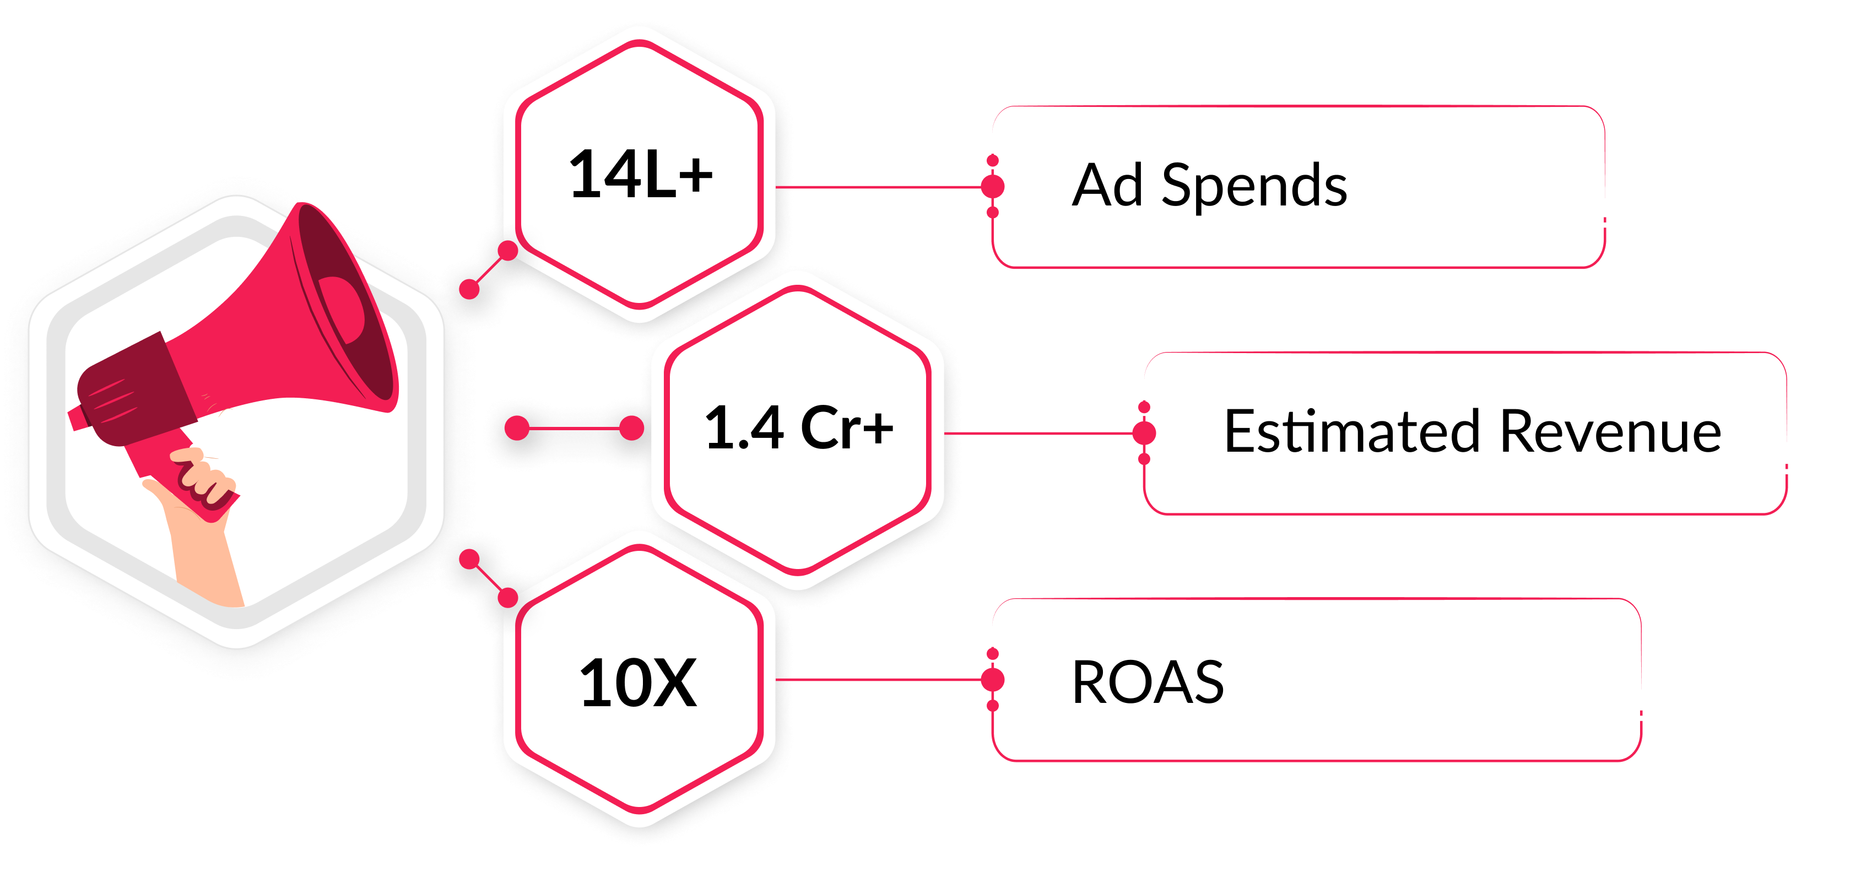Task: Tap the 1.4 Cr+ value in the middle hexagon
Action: [799, 427]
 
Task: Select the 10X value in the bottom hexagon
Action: [638, 683]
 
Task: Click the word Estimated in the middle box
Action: [1352, 432]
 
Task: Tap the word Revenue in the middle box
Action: [1610, 432]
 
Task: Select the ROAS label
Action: [1148, 683]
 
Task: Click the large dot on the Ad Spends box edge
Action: [993, 186]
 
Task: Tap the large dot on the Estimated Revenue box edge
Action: [1145, 433]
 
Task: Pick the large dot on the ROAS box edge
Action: [993, 680]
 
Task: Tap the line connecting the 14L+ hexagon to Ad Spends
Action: [879, 187]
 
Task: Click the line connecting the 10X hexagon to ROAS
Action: [879, 680]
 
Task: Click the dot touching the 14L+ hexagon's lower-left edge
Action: [508, 251]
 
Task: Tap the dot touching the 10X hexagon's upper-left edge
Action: [508, 597]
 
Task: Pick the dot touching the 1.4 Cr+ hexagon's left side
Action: [631, 428]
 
